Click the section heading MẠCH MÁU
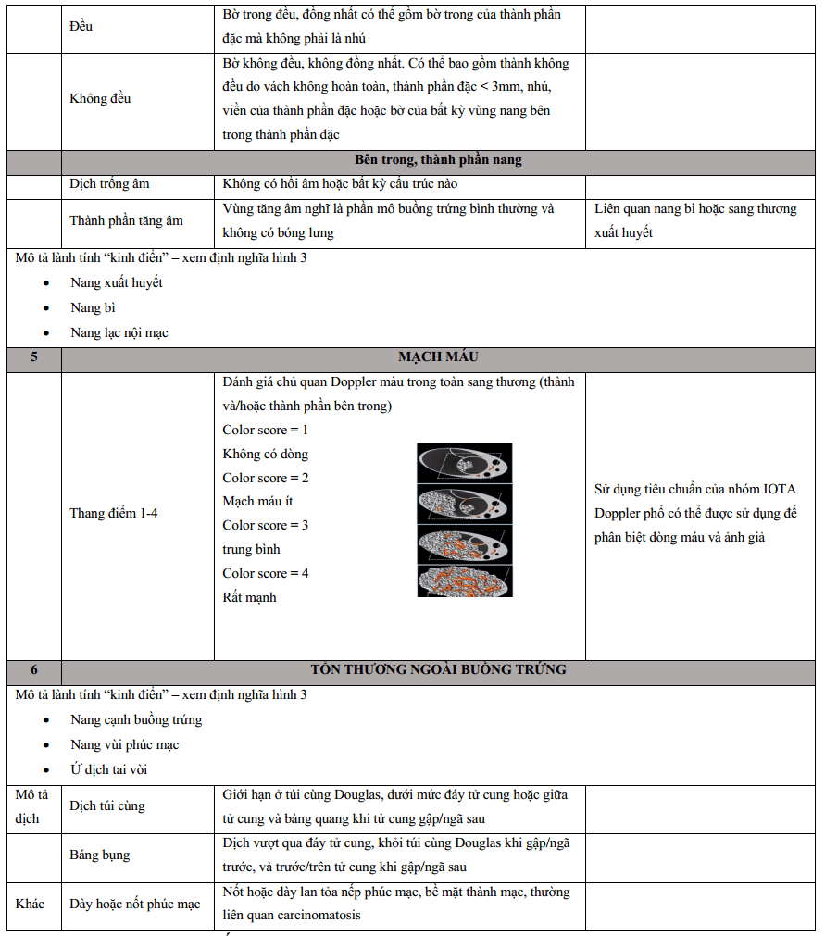[438, 356]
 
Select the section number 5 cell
[34, 356]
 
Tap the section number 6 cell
[34, 669]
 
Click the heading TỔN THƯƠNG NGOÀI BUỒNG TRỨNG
[438, 669]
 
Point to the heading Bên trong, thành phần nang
[438, 160]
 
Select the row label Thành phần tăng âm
[126, 220]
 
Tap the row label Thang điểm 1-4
[114, 513]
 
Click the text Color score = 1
[266, 430]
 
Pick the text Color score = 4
[266, 573]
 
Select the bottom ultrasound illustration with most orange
[464, 580]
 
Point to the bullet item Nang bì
[93, 307]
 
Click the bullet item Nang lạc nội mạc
[119, 332]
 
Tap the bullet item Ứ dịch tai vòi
[109, 769]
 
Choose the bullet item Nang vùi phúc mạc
[125, 744]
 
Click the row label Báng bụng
[99, 855]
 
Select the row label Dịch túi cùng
[107, 805]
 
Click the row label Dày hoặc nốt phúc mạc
[135, 905]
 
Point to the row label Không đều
[100, 98]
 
